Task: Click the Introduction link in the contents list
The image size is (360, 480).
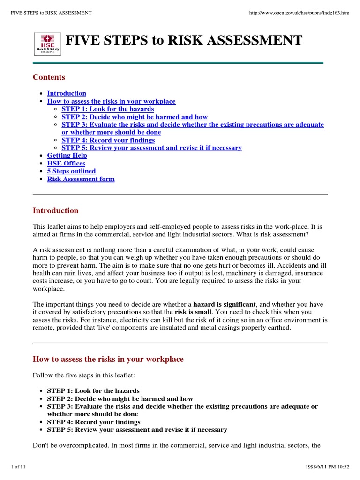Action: pos(67,93)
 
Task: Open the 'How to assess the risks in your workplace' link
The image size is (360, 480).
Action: pos(111,101)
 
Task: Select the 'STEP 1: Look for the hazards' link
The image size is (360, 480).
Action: pos(107,109)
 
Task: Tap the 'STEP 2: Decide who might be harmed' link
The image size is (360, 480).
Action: pos(135,117)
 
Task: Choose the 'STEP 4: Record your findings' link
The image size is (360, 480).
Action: pos(108,140)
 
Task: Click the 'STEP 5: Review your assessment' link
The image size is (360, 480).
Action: pos(151,148)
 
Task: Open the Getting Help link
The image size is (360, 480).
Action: pos(67,156)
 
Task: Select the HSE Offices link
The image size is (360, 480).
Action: pos(66,164)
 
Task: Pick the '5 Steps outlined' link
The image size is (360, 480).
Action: pos(71,171)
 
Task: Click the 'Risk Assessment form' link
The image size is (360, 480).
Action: pos(81,179)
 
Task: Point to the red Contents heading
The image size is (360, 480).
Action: pos(49,77)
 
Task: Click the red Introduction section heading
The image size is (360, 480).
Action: pos(55,211)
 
